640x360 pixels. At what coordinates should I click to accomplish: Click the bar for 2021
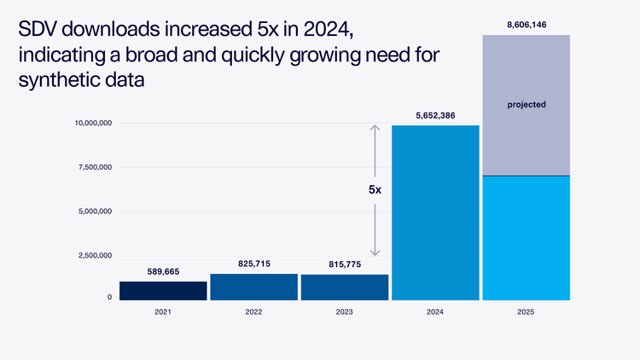pyautogui.click(x=163, y=290)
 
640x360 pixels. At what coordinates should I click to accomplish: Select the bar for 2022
pyautogui.click(x=253, y=287)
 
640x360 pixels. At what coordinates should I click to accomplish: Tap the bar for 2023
pyautogui.click(x=344, y=287)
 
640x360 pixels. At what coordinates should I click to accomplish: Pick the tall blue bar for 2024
pyautogui.click(x=435, y=212)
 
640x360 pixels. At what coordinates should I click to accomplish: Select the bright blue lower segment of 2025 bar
pyautogui.click(x=527, y=238)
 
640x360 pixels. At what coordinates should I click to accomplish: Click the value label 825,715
pyautogui.click(x=253, y=264)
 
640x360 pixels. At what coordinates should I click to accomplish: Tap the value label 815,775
pyautogui.click(x=344, y=264)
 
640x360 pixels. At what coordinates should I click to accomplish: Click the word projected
pyautogui.click(x=527, y=104)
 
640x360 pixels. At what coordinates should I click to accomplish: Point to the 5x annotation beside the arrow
pyautogui.click(x=375, y=190)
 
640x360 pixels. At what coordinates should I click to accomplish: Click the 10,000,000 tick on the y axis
pyautogui.click(x=90, y=124)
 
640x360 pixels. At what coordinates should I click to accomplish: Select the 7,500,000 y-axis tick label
pyautogui.click(x=93, y=167)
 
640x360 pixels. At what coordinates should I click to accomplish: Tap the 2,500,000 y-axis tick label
pyautogui.click(x=93, y=255)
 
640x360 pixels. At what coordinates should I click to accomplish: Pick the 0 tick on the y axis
pyautogui.click(x=109, y=297)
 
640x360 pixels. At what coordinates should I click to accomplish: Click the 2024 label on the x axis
pyautogui.click(x=435, y=313)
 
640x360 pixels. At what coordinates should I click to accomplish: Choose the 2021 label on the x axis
pyautogui.click(x=163, y=313)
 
